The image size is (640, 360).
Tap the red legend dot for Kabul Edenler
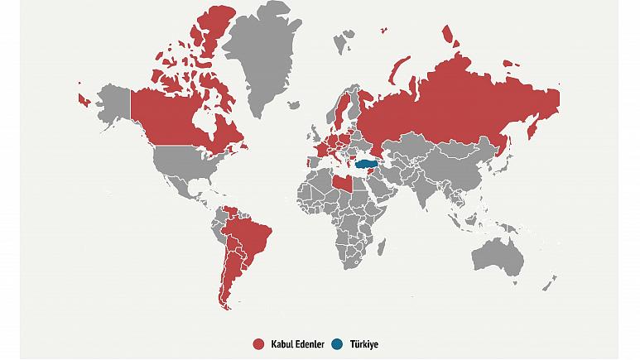point(258,343)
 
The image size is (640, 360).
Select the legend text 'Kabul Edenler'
point(296,343)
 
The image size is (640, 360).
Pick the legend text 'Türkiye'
point(363,343)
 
